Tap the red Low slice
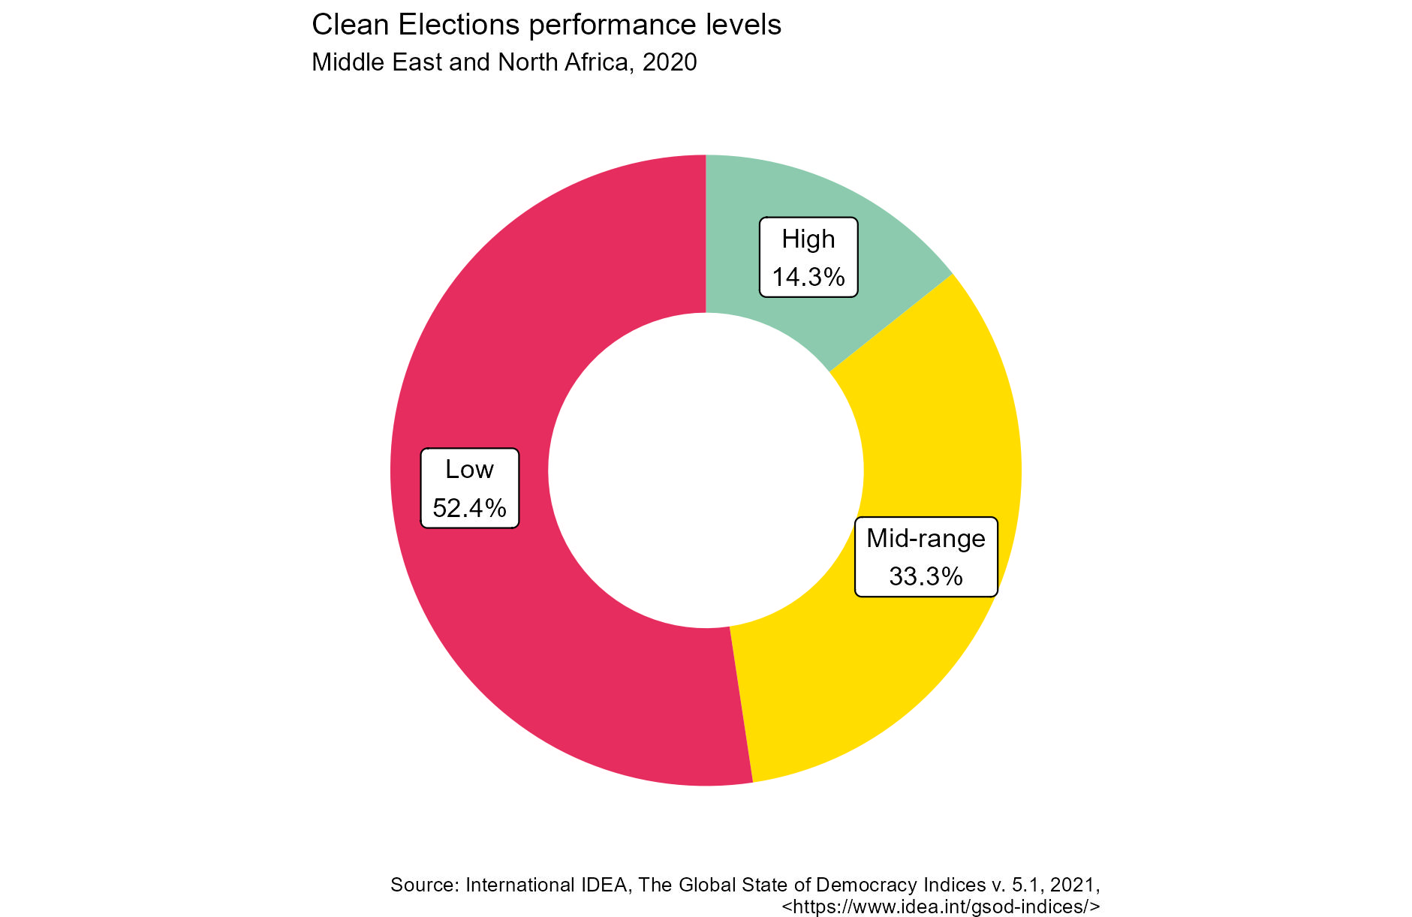coord(525,638)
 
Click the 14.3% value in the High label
coord(808,278)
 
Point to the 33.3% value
coord(926,576)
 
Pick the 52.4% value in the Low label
coord(469,508)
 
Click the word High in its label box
coord(808,239)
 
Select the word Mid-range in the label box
coord(926,538)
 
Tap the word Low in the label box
coord(469,470)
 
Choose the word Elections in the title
coord(459,26)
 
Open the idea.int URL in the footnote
coord(941,906)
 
